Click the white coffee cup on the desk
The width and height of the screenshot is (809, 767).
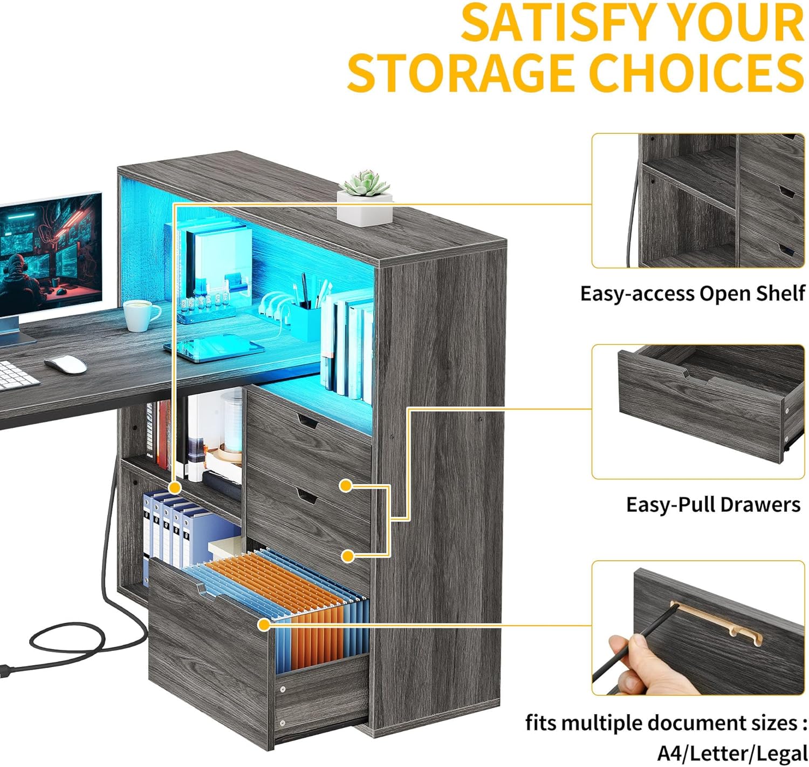pyautogui.click(x=140, y=315)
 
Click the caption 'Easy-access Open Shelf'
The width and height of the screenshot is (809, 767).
pyautogui.click(x=692, y=294)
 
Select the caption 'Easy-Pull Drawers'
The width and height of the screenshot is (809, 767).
pyautogui.click(x=713, y=505)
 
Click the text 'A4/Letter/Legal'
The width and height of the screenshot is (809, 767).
pyautogui.click(x=732, y=753)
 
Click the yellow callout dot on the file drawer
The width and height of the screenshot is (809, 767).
pyautogui.click(x=264, y=625)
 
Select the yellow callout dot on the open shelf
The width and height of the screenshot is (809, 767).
pyautogui.click(x=174, y=487)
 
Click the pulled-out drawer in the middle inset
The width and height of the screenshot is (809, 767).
pyautogui.click(x=707, y=405)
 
